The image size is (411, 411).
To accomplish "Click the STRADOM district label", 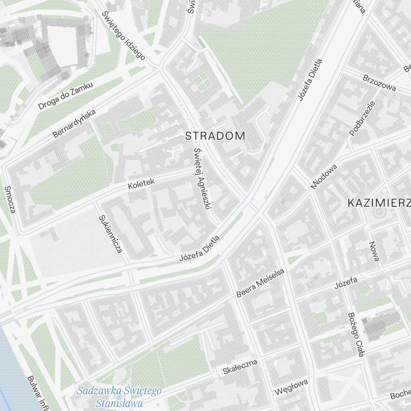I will pyautogui.click(x=215, y=136).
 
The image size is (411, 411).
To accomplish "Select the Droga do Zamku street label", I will pyautogui.click(x=66, y=95).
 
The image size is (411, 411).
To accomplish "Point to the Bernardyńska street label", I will pyautogui.click(x=74, y=123).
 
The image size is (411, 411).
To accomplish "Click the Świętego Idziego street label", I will pyautogui.click(x=124, y=35).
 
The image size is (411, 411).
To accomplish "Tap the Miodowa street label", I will pyautogui.click(x=324, y=177).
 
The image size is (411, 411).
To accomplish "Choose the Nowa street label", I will pyautogui.click(x=374, y=252).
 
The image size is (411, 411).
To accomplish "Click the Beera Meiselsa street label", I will pyautogui.click(x=261, y=283).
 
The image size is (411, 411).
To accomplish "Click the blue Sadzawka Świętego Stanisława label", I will pyautogui.click(x=119, y=396).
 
